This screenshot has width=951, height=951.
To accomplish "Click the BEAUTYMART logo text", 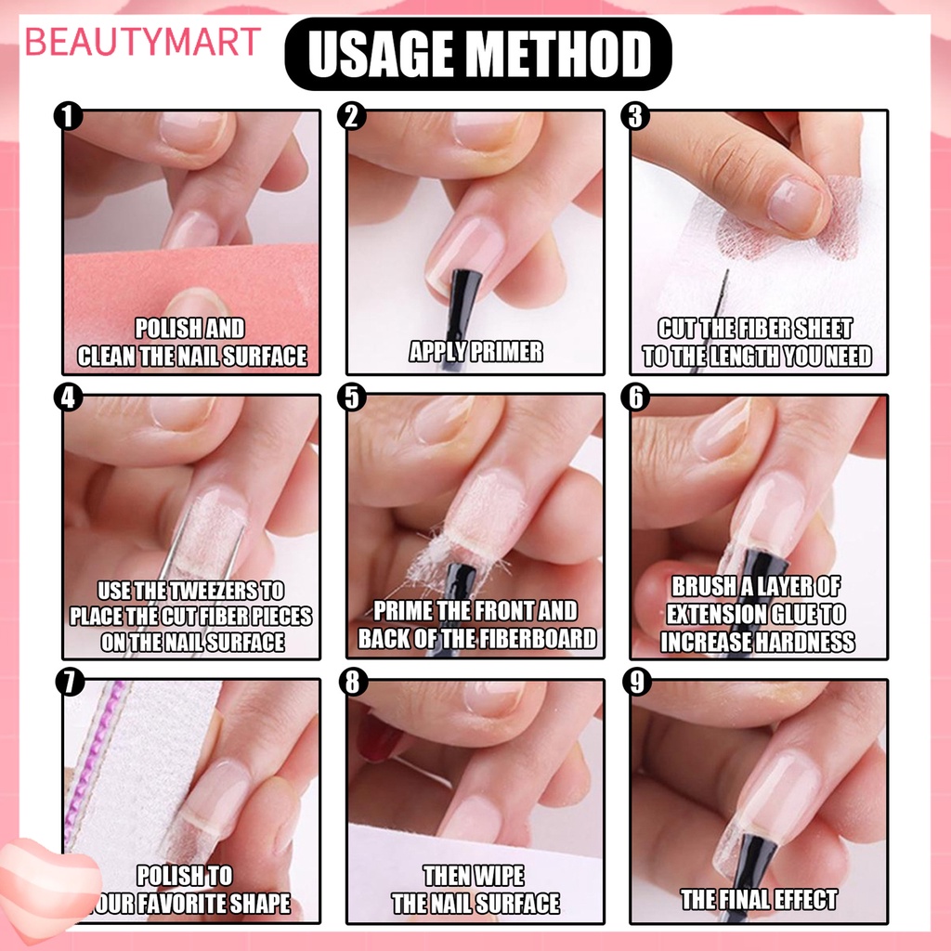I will coord(143,43).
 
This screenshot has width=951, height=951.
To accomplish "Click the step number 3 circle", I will coord(637,118).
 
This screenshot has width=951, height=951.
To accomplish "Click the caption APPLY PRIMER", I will coord(475,351).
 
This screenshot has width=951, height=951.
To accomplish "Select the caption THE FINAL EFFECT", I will coord(759,899).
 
